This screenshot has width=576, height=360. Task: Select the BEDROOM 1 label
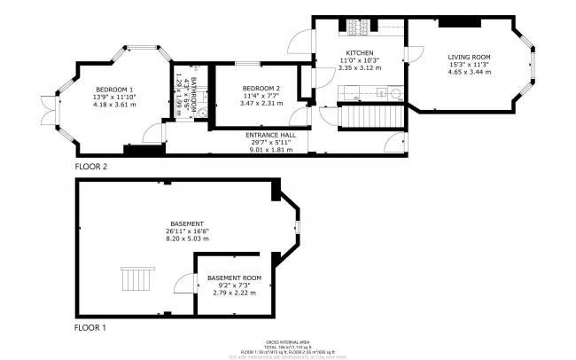click(114, 90)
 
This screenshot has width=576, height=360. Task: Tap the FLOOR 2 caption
click(91, 166)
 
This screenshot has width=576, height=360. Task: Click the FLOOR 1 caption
click(91, 327)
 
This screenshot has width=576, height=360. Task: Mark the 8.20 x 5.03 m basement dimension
click(187, 239)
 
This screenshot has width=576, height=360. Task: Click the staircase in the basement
click(137, 281)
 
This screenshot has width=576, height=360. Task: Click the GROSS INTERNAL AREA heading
click(287, 341)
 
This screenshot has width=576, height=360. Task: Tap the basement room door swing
click(185, 284)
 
